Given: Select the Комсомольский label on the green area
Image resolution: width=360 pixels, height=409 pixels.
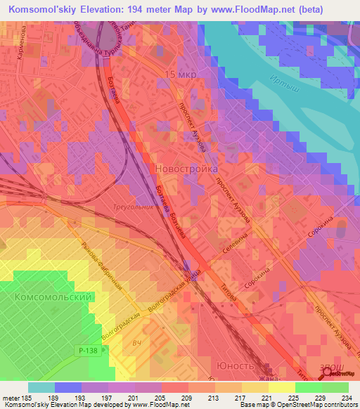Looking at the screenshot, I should (x=54, y=298).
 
